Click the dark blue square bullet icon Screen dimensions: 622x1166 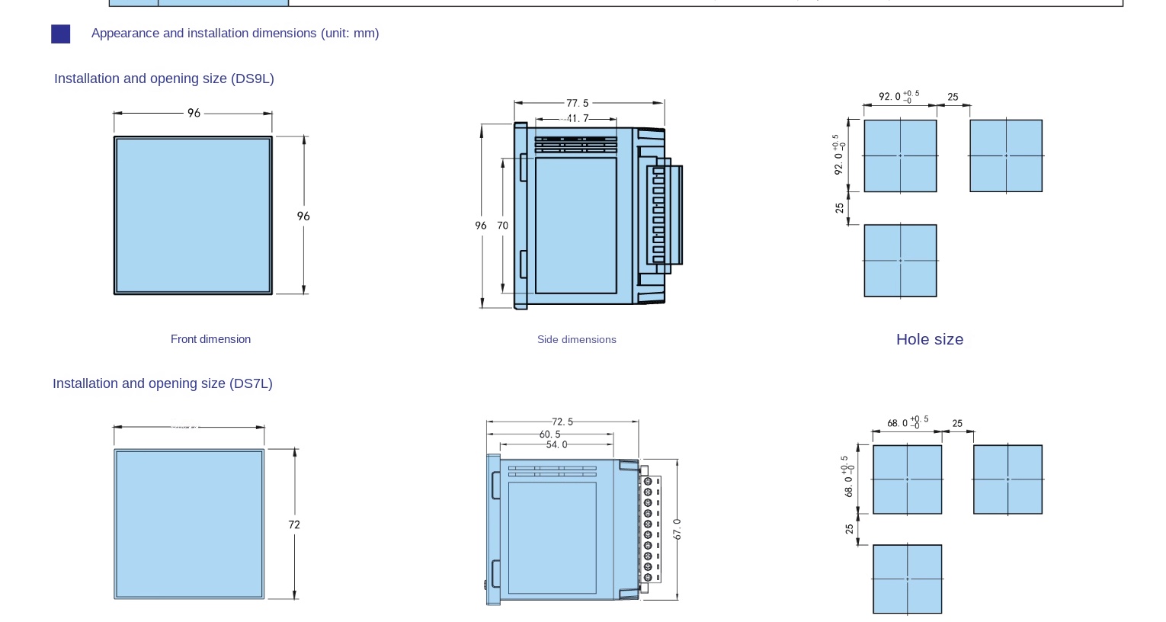[x=61, y=34]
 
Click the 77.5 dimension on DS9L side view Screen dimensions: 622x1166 [x=577, y=103]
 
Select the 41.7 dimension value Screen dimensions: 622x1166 [x=577, y=119]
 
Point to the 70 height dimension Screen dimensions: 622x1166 [x=502, y=226]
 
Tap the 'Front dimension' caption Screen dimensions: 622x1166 [x=210, y=339]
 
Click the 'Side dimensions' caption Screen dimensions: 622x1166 [x=576, y=339]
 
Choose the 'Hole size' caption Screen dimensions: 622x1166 [x=929, y=339]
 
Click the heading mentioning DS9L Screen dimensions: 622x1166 [x=164, y=79]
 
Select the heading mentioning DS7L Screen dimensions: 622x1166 [x=162, y=383]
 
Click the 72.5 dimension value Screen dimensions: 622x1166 [x=562, y=422]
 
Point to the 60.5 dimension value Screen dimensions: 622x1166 [x=549, y=434]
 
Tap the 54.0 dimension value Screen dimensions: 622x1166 [x=556, y=444]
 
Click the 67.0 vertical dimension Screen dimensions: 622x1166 [x=677, y=529]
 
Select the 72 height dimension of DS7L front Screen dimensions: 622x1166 [x=294, y=524]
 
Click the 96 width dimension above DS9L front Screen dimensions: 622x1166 [x=194, y=113]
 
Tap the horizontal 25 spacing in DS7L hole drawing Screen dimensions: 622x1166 [x=957, y=423]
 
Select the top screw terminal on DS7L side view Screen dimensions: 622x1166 [x=649, y=482]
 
